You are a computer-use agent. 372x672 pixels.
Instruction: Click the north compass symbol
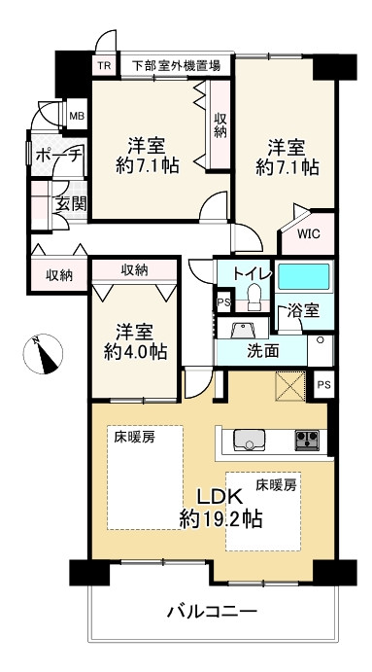(43, 354)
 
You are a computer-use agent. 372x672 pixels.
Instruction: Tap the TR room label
(104, 65)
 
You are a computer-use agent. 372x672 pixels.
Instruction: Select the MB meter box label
(77, 116)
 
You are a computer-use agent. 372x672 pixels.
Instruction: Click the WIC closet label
(309, 234)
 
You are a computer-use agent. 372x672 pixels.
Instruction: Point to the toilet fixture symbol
(254, 297)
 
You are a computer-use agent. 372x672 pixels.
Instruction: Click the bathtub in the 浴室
(304, 276)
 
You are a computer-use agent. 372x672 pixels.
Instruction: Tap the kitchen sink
(249, 440)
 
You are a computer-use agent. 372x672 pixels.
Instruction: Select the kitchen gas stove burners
(307, 441)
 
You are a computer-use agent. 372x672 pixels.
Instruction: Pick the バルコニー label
(212, 611)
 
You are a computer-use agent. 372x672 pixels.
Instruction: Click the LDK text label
(220, 497)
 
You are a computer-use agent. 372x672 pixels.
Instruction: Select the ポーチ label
(58, 156)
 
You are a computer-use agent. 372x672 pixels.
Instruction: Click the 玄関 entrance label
(72, 204)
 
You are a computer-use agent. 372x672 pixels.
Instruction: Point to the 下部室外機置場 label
(176, 65)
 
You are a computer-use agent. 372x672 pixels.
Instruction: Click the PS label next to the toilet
(223, 301)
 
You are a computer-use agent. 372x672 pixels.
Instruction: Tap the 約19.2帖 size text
(220, 520)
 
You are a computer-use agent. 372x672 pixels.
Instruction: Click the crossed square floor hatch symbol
(290, 386)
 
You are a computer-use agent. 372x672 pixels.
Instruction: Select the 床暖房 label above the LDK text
(276, 485)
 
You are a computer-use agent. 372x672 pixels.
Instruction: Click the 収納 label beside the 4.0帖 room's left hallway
(59, 275)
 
